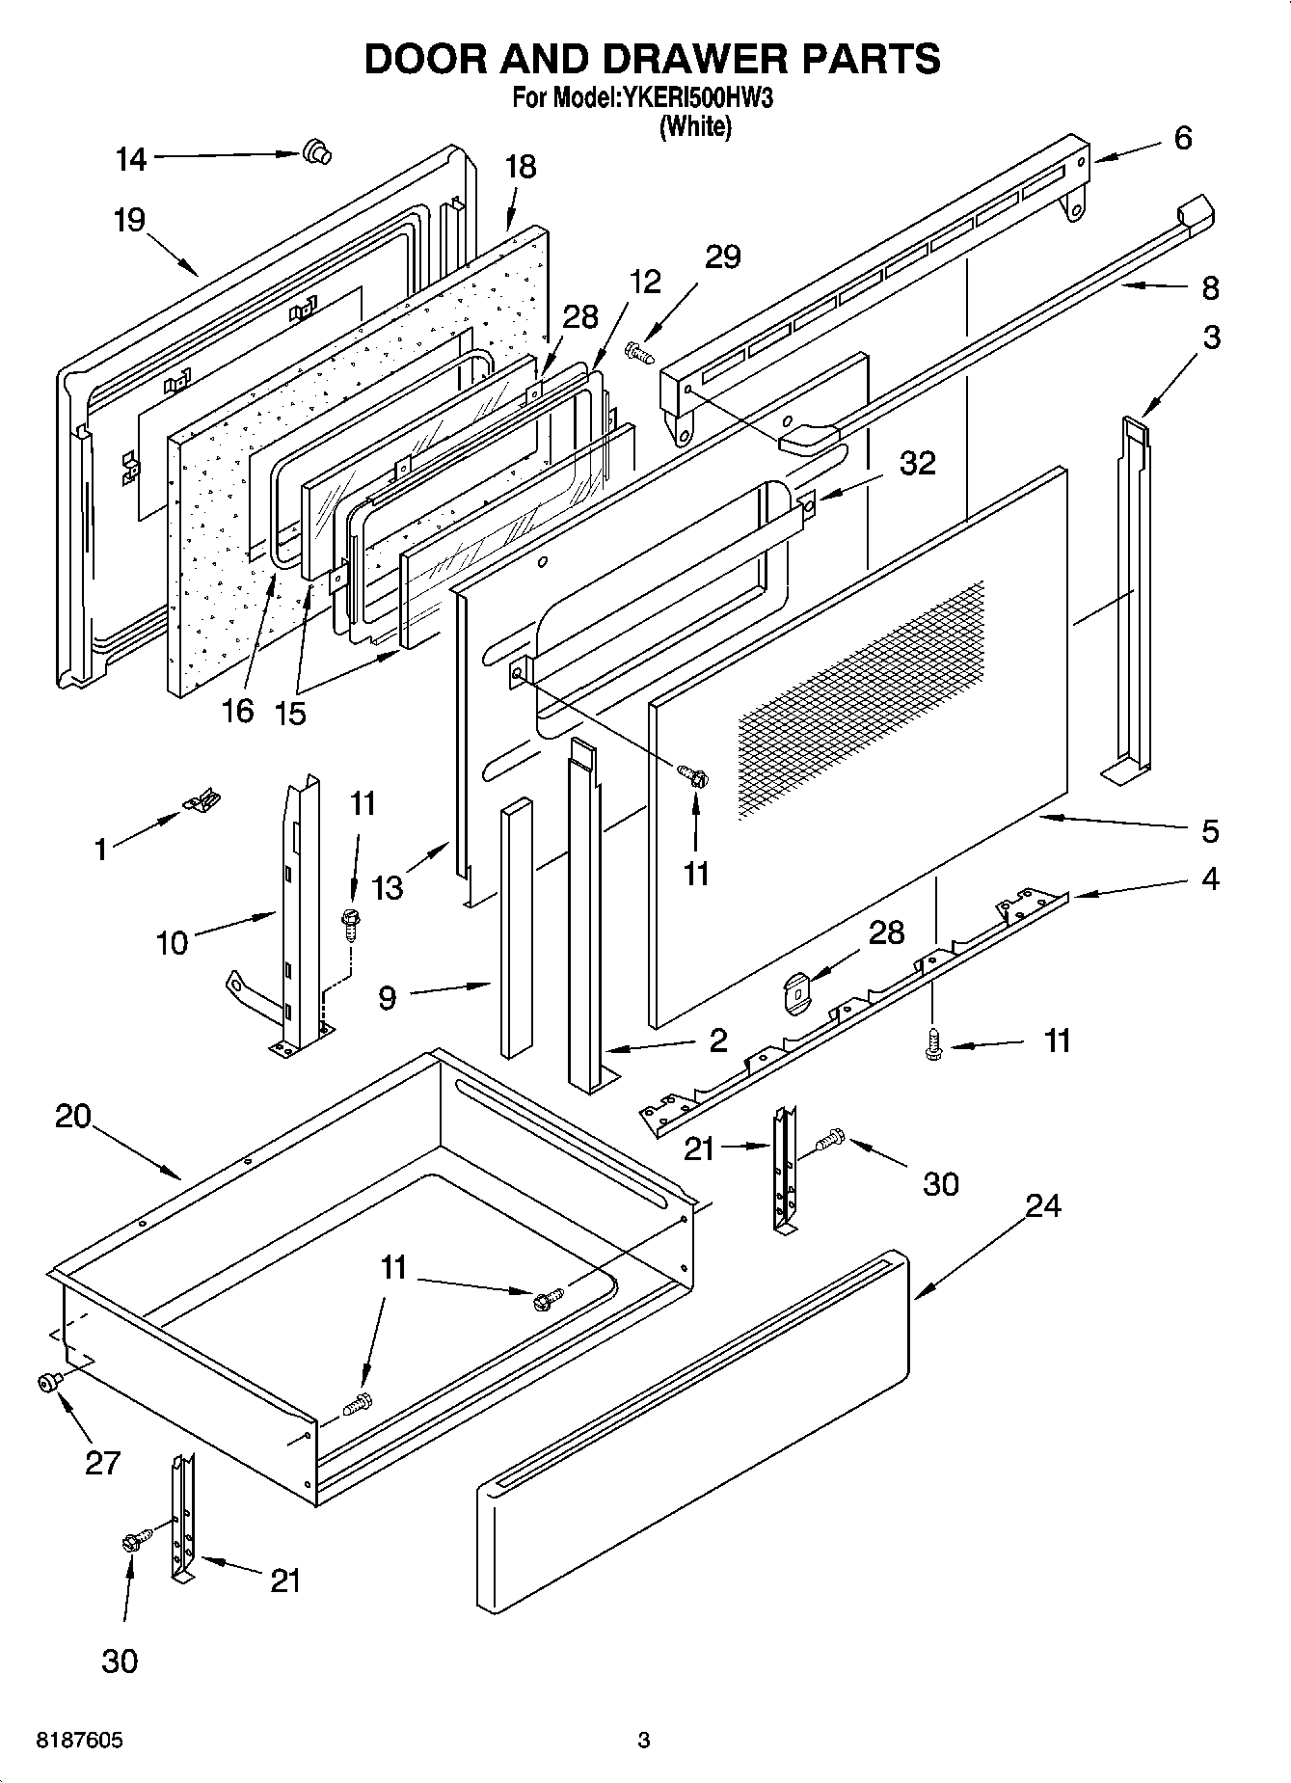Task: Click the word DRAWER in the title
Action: click(687, 59)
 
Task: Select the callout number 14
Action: click(131, 160)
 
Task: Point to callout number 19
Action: click(128, 221)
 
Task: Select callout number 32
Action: click(917, 464)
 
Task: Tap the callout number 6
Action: click(1182, 138)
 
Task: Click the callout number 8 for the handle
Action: click(1210, 287)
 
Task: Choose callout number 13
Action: click(388, 887)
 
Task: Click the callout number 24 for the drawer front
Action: click(1042, 1205)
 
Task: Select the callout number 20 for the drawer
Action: click(72, 1116)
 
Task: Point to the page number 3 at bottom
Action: click(644, 1742)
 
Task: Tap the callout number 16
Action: click(237, 711)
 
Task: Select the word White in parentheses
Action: click(694, 126)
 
